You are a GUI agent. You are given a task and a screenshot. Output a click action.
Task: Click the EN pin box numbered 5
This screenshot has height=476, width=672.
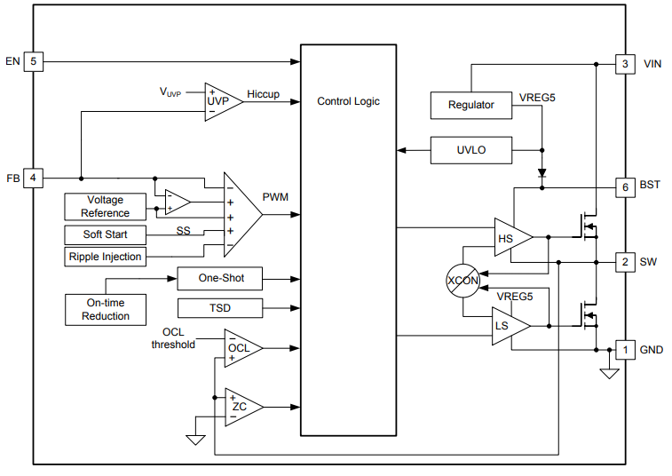coord(33,62)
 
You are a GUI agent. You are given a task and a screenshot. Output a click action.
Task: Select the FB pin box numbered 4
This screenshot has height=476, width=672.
coord(33,178)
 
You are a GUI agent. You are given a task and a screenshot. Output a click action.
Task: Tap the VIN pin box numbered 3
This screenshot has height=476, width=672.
coord(626,64)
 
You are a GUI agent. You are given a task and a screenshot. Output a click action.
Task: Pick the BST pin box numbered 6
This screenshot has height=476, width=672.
coord(626,187)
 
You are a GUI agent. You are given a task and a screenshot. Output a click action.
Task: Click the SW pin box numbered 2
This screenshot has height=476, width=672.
coord(626,262)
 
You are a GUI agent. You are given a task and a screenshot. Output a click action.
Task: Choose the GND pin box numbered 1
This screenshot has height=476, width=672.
coord(626,349)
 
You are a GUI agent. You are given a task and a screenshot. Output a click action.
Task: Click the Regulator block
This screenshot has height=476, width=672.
coord(470,105)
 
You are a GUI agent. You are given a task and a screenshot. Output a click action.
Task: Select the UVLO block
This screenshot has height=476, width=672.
coord(470,150)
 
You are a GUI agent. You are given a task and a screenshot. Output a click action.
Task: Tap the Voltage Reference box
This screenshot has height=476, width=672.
coord(105,206)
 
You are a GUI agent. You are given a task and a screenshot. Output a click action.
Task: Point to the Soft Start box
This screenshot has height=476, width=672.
coord(105,234)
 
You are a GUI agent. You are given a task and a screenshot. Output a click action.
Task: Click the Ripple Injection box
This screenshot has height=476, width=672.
coord(105,257)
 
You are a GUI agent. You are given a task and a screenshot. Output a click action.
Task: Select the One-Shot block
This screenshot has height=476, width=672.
coord(220,278)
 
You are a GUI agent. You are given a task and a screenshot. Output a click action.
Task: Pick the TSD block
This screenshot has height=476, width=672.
coord(220,308)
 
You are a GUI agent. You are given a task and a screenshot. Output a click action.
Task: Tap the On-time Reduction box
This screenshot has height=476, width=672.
coord(105,309)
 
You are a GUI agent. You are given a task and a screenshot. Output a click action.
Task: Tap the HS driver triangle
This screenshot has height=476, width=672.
coord(510,237)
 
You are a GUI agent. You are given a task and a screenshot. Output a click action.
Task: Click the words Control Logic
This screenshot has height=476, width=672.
coord(348,101)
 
